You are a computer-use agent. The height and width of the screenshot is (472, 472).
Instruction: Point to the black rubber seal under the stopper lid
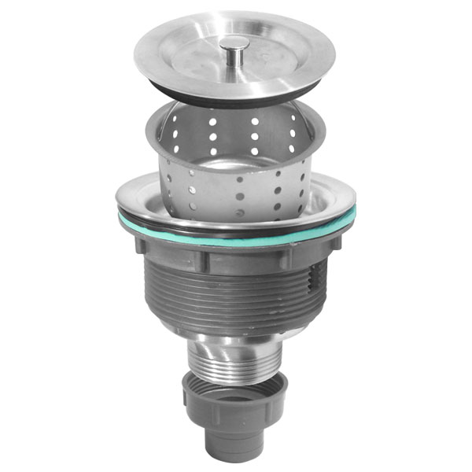(x=236, y=96)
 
